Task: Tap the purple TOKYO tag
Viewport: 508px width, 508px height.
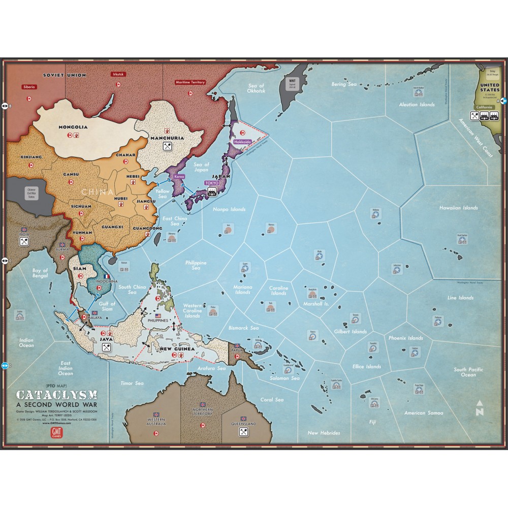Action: [x=211, y=182]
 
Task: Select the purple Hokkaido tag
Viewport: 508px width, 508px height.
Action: [x=243, y=143]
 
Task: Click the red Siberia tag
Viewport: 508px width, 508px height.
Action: [x=29, y=87]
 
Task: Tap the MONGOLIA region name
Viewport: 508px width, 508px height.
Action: [x=73, y=126]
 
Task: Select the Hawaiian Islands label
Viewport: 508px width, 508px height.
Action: [x=458, y=208]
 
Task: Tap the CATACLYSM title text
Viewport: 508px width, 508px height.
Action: [x=57, y=395]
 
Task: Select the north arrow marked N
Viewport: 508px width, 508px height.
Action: [x=479, y=408]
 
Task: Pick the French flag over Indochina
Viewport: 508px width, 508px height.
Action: [x=107, y=277]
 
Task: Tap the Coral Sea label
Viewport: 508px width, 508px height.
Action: [x=272, y=400]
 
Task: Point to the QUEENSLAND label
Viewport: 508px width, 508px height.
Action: [x=243, y=421]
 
